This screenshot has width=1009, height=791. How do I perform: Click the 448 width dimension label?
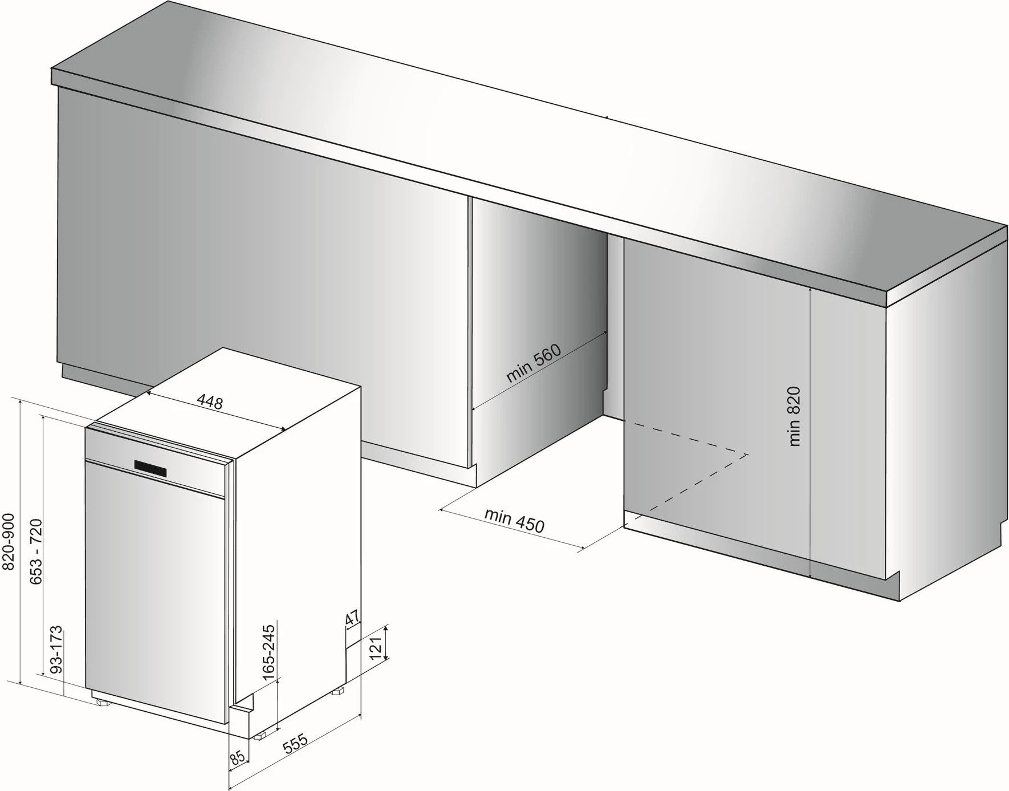pos(210,402)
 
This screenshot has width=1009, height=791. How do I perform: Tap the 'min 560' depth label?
pos(534,363)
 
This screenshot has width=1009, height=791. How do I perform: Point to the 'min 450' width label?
pos(514,520)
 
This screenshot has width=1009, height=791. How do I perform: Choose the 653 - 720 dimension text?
pos(35,551)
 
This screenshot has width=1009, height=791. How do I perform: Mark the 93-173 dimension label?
pos(55,651)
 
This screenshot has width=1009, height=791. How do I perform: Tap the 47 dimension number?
pos(352,618)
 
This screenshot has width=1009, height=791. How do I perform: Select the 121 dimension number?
pos(376,648)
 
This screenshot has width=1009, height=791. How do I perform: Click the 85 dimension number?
pos(238,757)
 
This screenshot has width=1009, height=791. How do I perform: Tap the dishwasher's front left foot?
pos(103,702)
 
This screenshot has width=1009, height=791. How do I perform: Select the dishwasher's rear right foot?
pos(339,691)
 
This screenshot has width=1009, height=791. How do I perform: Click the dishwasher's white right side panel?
pos(296,542)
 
